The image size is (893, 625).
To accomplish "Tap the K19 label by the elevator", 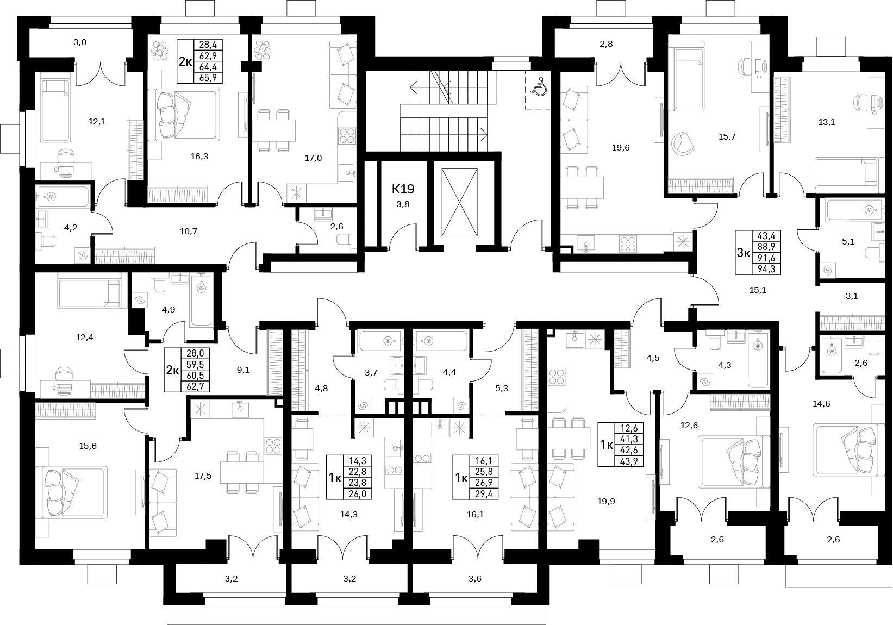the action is click(403, 189).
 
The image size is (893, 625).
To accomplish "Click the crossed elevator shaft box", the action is click(459, 203).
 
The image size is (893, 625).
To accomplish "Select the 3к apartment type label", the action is click(744, 253).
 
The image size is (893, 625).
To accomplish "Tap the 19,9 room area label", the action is click(606, 502).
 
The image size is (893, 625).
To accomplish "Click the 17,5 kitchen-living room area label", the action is click(203, 476).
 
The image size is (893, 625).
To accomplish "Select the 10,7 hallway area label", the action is click(189, 231).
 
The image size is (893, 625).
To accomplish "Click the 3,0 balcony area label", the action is click(80, 42).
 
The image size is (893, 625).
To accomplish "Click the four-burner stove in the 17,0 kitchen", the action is click(347, 135).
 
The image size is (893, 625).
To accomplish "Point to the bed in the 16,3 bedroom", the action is click(184, 114).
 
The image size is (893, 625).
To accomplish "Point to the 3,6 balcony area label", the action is click(475, 578).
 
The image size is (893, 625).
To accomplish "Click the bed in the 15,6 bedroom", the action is click(72, 493).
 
